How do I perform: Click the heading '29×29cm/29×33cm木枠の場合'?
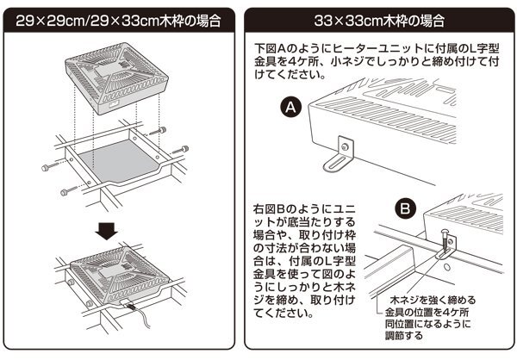[118, 18]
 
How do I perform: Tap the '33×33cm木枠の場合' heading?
[381, 18]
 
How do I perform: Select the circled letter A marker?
[291, 108]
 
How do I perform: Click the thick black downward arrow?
[107, 232]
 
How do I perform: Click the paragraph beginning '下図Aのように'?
[377, 59]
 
